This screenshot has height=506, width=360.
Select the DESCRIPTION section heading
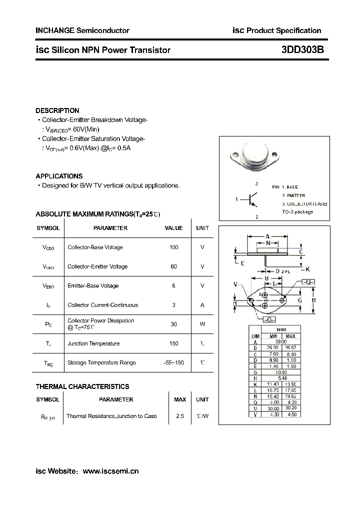57,110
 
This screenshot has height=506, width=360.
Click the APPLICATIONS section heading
59,176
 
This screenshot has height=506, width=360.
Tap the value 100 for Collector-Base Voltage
173,247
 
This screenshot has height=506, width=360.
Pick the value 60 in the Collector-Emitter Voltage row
173,266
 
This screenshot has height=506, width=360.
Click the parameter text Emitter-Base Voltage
93,286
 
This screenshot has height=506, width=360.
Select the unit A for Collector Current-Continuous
202,305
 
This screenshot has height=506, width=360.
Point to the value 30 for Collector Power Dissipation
173,324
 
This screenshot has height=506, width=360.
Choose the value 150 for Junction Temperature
173,343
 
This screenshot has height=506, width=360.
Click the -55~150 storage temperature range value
173,362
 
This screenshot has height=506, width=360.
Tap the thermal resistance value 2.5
180,416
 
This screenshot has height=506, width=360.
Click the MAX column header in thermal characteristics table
180,399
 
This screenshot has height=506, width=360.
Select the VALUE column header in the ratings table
173,228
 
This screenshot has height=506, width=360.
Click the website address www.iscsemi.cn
110,471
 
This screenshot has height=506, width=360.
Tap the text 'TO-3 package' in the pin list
297,212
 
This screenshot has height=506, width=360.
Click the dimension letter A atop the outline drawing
267,236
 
